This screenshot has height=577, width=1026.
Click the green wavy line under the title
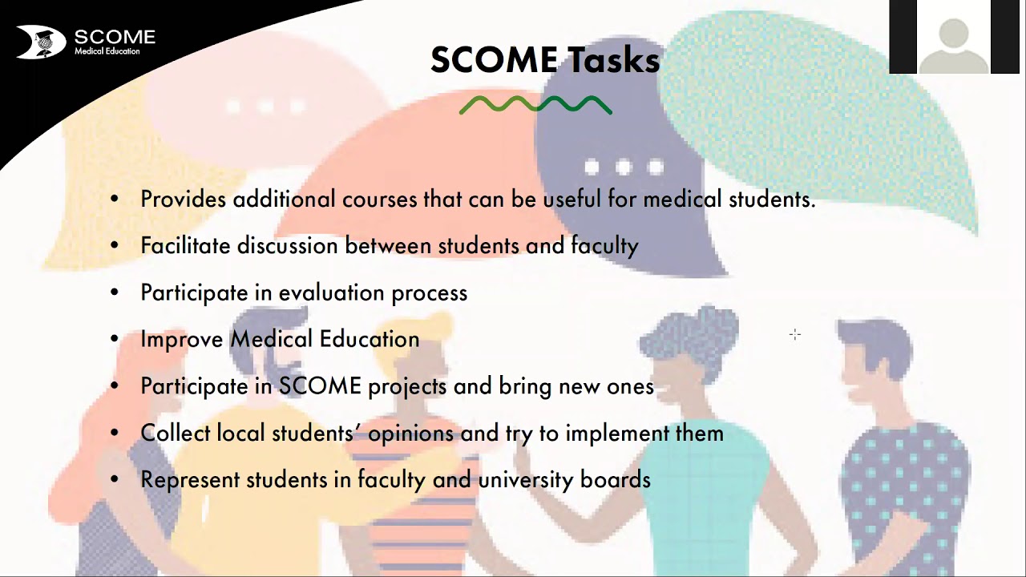535,105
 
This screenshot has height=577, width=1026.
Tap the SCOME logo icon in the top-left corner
41,42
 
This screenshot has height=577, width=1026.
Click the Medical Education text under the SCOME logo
107,51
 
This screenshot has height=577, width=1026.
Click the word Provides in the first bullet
184,199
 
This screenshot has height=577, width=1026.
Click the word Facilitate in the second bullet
185,245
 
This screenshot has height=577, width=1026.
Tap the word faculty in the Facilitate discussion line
604,245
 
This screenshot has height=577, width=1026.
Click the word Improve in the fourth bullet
181,339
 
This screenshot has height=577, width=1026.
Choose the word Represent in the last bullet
189,479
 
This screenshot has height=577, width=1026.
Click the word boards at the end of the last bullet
616,479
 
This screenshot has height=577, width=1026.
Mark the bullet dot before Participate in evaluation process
115,293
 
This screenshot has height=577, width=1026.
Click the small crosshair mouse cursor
794,334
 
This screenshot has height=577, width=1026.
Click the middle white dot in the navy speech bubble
624,167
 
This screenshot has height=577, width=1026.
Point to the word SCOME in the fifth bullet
320,386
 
